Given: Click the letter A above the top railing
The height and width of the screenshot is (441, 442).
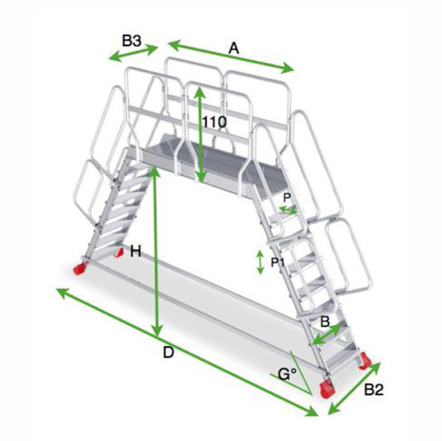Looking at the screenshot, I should (x=233, y=49).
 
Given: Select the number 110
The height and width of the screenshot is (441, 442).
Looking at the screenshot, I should (x=214, y=123).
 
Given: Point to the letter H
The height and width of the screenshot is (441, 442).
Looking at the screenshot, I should (x=135, y=252).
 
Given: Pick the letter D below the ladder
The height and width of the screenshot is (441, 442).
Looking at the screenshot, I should (x=168, y=353).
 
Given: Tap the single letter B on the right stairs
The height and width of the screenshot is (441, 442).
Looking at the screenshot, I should (x=324, y=322).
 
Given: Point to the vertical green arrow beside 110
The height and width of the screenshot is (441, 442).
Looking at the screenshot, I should (x=199, y=135).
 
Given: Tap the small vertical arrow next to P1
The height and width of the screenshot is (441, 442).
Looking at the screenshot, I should (x=260, y=262).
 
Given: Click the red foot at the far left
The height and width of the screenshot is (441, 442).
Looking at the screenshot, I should (x=82, y=267).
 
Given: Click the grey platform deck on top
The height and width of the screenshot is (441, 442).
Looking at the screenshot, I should (x=199, y=159).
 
